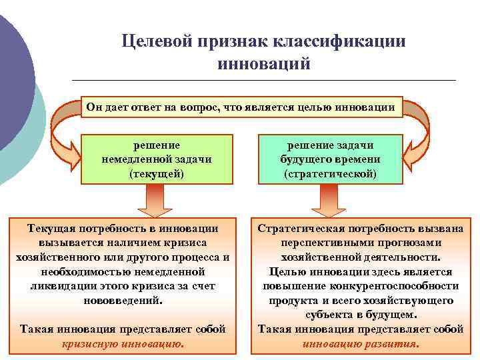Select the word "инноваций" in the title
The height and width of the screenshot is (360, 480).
263,65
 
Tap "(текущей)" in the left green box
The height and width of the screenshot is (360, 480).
157,173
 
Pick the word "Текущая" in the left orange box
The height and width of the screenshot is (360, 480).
53,229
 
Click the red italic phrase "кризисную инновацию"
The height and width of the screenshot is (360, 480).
123,344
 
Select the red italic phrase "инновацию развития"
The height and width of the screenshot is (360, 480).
360,344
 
